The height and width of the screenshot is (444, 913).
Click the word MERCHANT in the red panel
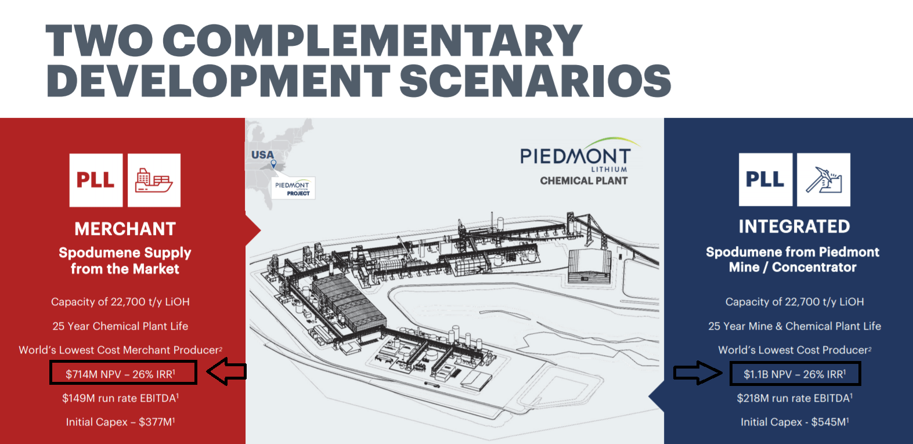pyautogui.click(x=125, y=229)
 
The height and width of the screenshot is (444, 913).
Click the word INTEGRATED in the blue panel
pyautogui.click(x=794, y=226)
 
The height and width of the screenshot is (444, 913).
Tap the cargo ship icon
pyautogui.click(x=154, y=180)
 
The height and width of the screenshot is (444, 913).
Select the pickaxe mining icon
pyautogui.click(x=823, y=180)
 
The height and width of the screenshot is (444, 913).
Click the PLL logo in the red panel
pyautogui.click(x=96, y=180)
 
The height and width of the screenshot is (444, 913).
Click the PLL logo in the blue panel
pyautogui.click(x=765, y=180)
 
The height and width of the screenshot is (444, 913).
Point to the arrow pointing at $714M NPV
pyautogui.click(x=227, y=371)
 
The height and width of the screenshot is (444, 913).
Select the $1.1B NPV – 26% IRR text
pyautogui.click(x=794, y=374)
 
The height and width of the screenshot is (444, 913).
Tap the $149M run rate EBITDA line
pyautogui.click(x=120, y=398)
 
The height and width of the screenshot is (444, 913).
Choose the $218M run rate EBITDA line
pyautogui.click(x=794, y=398)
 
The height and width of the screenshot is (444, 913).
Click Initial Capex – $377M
pyautogui.click(x=120, y=422)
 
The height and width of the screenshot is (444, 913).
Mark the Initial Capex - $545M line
pyautogui.click(x=794, y=422)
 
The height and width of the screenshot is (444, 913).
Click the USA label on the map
pyautogui.click(x=262, y=155)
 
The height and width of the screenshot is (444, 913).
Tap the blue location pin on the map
pyautogui.click(x=273, y=164)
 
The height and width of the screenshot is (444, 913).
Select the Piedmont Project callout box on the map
pyautogui.click(x=293, y=188)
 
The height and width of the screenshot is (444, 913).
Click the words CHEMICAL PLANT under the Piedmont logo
pyautogui.click(x=583, y=181)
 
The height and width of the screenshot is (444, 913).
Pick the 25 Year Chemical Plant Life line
pyautogui.click(x=120, y=326)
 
